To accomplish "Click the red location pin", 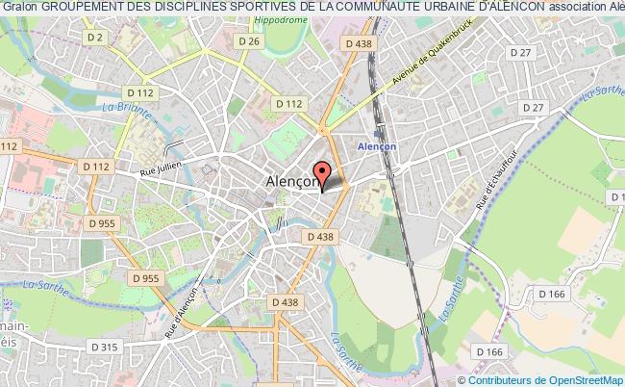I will (323, 176).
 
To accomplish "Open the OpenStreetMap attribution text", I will (545, 378).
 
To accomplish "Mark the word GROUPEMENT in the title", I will (78, 8).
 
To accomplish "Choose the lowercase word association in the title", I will (587, 8).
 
